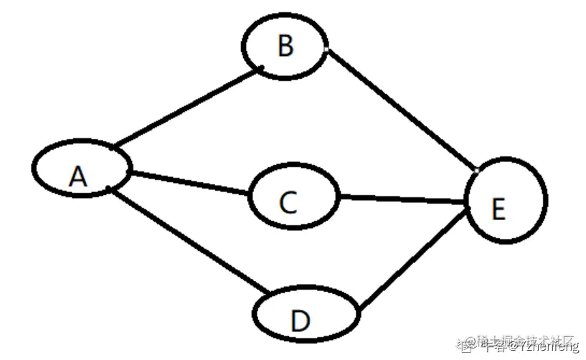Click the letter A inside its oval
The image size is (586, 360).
click(x=78, y=175)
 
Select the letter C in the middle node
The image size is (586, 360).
click(x=288, y=202)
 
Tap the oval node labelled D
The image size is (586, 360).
click(x=330, y=316)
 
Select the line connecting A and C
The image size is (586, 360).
click(x=190, y=182)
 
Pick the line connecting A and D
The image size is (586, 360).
click(x=188, y=241)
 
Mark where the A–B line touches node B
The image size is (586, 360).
click(x=263, y=70)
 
